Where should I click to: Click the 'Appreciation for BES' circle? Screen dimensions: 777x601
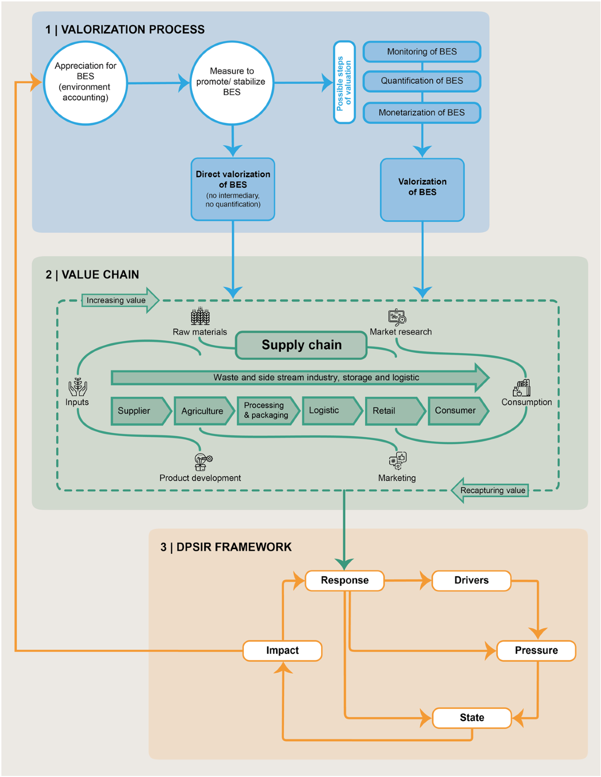(x=85, y=83)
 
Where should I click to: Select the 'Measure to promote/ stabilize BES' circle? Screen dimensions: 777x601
(x=232, y=83)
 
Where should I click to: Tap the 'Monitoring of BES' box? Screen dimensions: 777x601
(x=422, y=52)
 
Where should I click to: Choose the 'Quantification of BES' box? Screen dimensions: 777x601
(x=422, y=81)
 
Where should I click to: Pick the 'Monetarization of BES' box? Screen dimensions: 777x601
(x=422, y=113)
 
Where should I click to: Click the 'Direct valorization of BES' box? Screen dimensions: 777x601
(x=233, y=189)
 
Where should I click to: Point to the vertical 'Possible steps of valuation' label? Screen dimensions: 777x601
(x=344, y=83)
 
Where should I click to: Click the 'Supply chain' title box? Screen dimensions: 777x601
(x=302, y=345)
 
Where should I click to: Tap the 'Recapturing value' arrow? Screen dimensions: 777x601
(x=491, y=490)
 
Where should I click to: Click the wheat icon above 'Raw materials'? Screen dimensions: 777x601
(x=200, y=316)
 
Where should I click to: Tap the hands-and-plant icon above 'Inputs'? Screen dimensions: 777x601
(x=78, y=386)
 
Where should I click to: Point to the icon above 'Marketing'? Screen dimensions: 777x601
(x=398, y=461)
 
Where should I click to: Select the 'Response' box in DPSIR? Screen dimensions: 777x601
(x=345, y=580)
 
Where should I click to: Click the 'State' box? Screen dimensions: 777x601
(x=472, y=717)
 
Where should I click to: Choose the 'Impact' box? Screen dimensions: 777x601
(x=282, y=650)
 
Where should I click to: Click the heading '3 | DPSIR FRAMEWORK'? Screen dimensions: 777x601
(x=226, y=547)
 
